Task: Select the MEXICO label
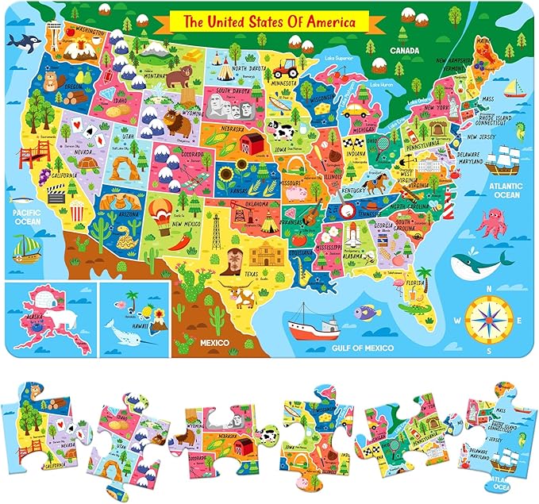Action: [214, 343]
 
